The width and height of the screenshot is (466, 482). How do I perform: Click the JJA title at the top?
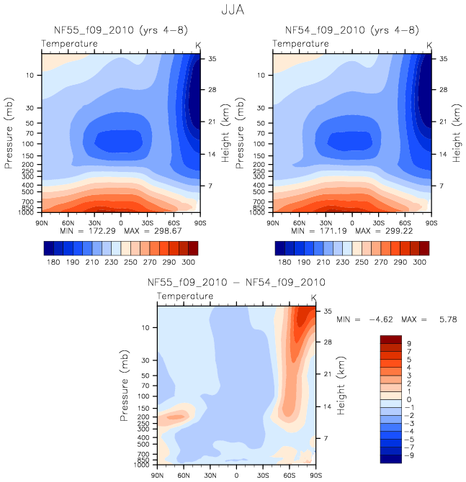pyautogui.click(x=232, y=10)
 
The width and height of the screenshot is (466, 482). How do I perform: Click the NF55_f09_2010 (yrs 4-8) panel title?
pyautogui.click(x=120, y=29)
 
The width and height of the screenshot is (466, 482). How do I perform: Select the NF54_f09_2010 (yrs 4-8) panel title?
pyautogui.click(x=351, y=29)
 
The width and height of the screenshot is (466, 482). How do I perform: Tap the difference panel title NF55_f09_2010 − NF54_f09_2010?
pyautogui.click(x=236, y=282)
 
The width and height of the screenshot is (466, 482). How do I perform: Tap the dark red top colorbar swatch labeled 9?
pyautogui.click(x=392, y=339)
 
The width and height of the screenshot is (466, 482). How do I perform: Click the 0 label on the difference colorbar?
pyautogui.click(x=410, y=399)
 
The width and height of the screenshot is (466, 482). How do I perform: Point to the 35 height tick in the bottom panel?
pyautogui.click(x=326, y=312)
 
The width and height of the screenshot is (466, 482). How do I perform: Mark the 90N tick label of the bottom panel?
pyautogui.click(x=158, y=476)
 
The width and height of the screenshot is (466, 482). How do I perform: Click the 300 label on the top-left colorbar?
pyautogui.click(x=189, y=263)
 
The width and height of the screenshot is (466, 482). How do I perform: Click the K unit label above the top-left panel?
pyautogui.click(x=199, y=45)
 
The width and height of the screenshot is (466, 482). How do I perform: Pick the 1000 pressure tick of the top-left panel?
pyautogui.click(x=28, y=213)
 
